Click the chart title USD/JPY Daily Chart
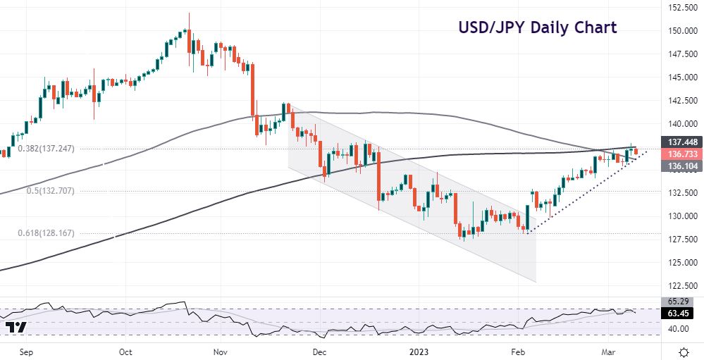tap(537, 28)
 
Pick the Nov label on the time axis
tap(221, 351)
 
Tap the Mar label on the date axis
tap(609, 351)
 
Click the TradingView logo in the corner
tap(16, 328)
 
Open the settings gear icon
tap(683, 351)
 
